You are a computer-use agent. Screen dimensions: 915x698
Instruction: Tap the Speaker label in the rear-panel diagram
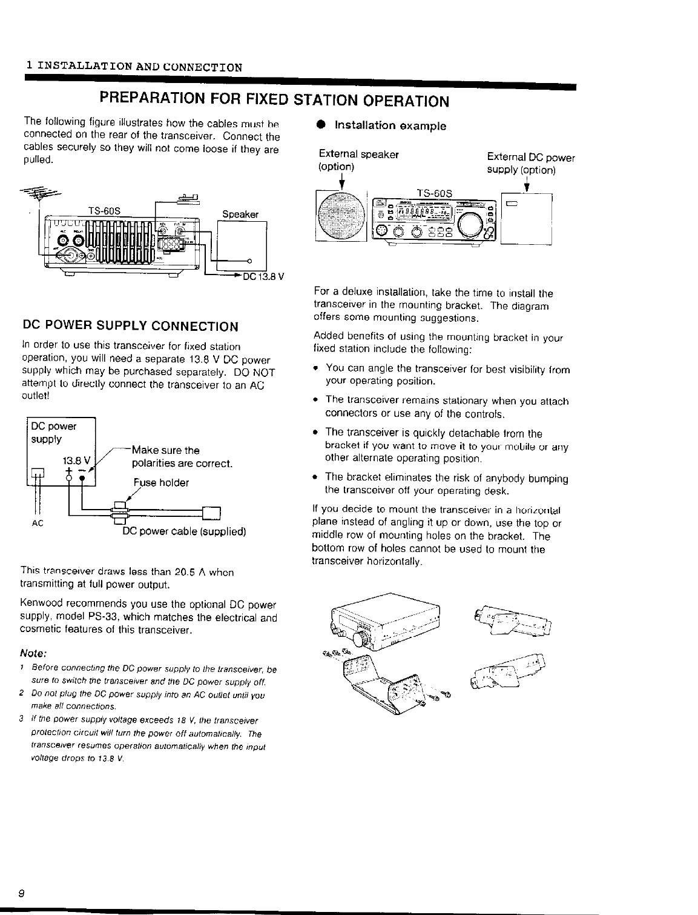[240, 214]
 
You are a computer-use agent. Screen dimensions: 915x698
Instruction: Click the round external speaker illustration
[340, 217]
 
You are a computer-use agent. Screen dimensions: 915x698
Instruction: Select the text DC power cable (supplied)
[184, 531]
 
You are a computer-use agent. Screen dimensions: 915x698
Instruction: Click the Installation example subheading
[390, 126]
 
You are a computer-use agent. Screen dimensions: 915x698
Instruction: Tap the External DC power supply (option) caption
[531, 164]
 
